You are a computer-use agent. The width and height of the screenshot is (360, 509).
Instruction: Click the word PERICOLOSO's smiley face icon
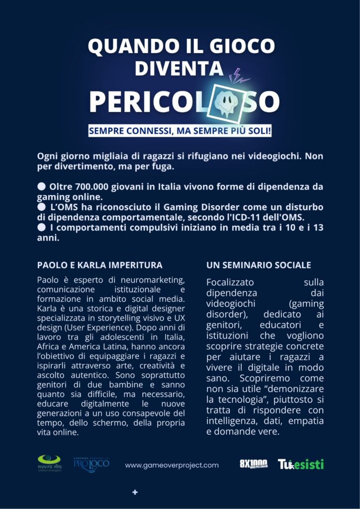pyautogui.click(x=232, y=101)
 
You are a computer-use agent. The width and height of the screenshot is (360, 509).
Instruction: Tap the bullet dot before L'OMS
pyautogui.click(x=41, y=207)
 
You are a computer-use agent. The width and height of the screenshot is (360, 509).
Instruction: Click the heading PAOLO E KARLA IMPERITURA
pyautogui.click(x=99, y=265)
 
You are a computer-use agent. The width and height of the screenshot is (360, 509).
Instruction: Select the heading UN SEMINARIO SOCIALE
pyautogui.click(x=259, y=265)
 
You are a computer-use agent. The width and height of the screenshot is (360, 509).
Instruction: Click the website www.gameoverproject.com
pyautogui.click(x=172, y=465)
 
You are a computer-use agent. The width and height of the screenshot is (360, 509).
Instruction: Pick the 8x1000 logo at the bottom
pyautogui.click(x=254, y=464)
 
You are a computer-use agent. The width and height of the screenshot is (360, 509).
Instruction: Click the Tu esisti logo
pyautogui.click(x=300, y=464)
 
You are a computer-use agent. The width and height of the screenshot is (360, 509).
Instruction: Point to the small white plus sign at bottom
pyautogui.click(x=135, y=492)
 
